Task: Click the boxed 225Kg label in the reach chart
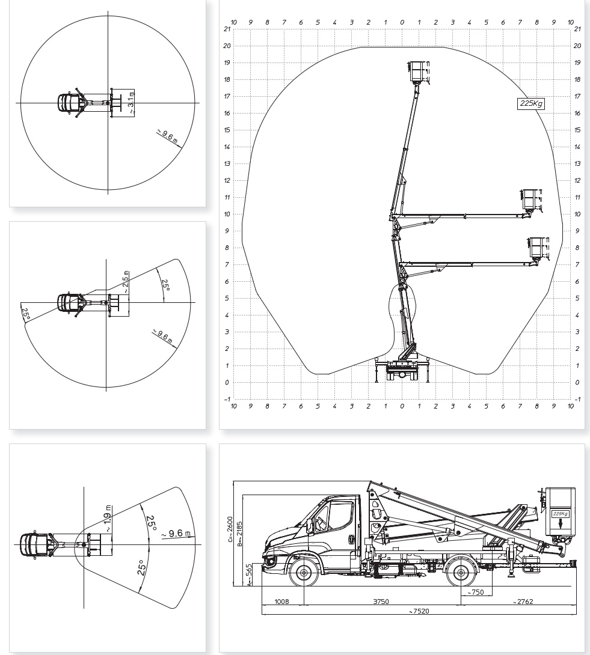click(531, 103)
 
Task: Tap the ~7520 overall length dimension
click(419, 611)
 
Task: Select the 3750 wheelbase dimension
click(381, 602)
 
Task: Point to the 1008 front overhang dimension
click(281, 602)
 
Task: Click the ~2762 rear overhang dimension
click(523, 602)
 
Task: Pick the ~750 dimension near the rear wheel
click(476, 592)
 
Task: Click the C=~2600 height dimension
click(230, 529)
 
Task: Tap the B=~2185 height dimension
click(239, 534)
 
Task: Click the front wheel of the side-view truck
click(304, 572)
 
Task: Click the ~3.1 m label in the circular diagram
click(131, 103)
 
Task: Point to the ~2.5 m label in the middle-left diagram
click(126, 282)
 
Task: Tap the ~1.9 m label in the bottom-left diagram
click(108, 519)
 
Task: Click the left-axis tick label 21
click(227, 29)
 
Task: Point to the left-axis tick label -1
click(227, 399)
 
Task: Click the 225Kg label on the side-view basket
click(561, 513)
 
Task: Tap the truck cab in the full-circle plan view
click(65, 103)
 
